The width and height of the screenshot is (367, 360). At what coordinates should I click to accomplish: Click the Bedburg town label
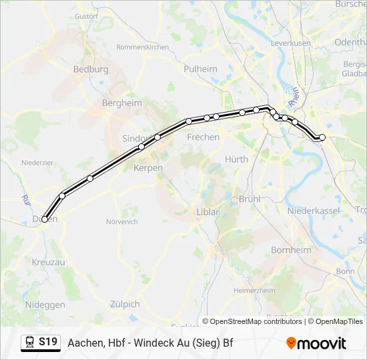tap(91, 69)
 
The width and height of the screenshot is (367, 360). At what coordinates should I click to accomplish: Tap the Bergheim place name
tap(121, 103)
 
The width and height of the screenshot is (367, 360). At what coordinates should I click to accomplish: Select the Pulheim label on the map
tap(200, 69)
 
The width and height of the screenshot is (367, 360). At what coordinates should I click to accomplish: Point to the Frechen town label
tap(204, 137)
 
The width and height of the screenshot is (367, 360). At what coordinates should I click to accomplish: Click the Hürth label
tap(236, 159)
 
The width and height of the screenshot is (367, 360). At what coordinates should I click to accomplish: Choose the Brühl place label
tap(249, 199)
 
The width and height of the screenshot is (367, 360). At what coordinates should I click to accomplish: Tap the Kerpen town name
tap(148, 168)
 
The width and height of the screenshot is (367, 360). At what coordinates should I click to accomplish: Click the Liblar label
tap(208, 212)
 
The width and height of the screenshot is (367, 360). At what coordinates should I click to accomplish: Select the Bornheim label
tap(291, 250)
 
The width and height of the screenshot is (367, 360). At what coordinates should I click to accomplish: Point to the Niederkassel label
tap(309, 211)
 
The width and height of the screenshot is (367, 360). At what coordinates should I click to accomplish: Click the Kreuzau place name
tap(49, 262)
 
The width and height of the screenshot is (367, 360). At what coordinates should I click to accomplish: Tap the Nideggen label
tap(44, 305)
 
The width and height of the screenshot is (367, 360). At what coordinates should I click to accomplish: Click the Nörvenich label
tap(121, 221)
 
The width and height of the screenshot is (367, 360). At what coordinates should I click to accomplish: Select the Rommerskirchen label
tap(142, 47)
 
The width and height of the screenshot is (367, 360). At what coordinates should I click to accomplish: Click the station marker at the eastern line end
tap(322, 137)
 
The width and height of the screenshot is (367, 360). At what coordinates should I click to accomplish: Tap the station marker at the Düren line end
tap(45, 219)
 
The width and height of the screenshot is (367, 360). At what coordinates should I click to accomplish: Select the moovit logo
tap(316, 343)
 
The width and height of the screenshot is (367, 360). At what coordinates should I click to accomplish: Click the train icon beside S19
tap(29, 343)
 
